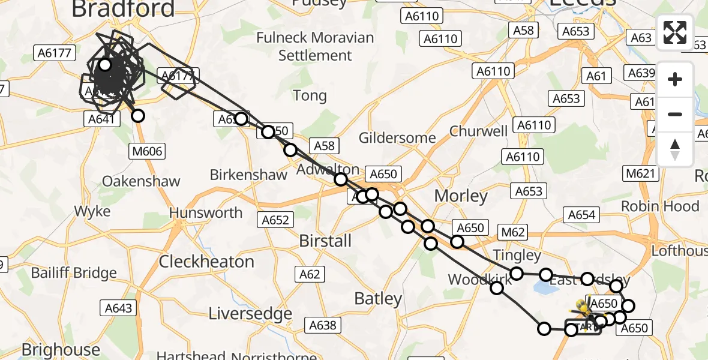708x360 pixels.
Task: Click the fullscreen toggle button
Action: coord(675,32)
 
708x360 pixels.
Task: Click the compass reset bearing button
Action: coord(675,150)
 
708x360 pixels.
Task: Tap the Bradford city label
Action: coord(123,8)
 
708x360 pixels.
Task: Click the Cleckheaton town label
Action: coord(206,262)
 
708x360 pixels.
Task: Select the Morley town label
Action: coord(461,196)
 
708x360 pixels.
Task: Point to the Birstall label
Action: coord(325,241)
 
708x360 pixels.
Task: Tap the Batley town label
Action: coord(378,298)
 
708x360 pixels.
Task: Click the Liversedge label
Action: coord(250,313)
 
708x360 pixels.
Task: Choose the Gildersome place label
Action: coord(397,138)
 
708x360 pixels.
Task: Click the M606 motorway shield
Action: coord(147,151)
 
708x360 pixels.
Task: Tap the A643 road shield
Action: coord(118,308)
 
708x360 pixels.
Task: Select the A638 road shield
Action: coord(323,325)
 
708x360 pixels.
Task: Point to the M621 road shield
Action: coord(641,174)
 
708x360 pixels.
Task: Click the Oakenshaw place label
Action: coord(141,181)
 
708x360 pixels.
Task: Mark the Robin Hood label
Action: coord(660,206)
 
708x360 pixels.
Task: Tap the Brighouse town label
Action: coord(61,349)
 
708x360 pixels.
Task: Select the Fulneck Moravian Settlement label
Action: coord(315,46)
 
